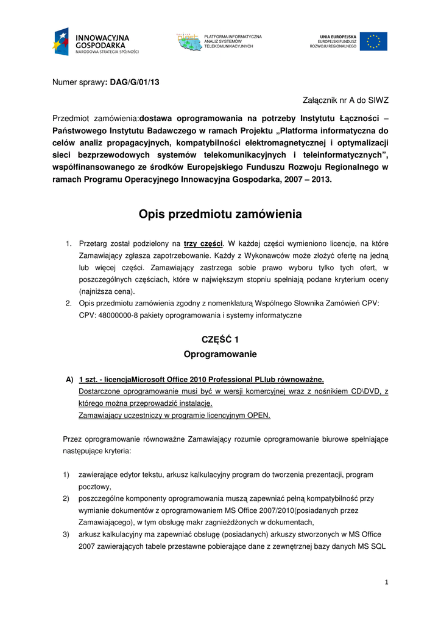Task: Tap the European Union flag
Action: click(x=373, y=41)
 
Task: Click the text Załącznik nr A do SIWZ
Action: click(x=345, y=100)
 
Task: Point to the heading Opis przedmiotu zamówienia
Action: click(x=220, y=214)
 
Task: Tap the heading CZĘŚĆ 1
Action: click(x=220, y=339)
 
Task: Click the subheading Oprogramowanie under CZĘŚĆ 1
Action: click(x=220, y=354)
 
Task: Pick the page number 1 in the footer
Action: click(x=386, y=582)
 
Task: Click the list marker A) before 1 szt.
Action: click(x=70, y=380)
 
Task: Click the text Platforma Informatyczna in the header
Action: click(x=233, y=37)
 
